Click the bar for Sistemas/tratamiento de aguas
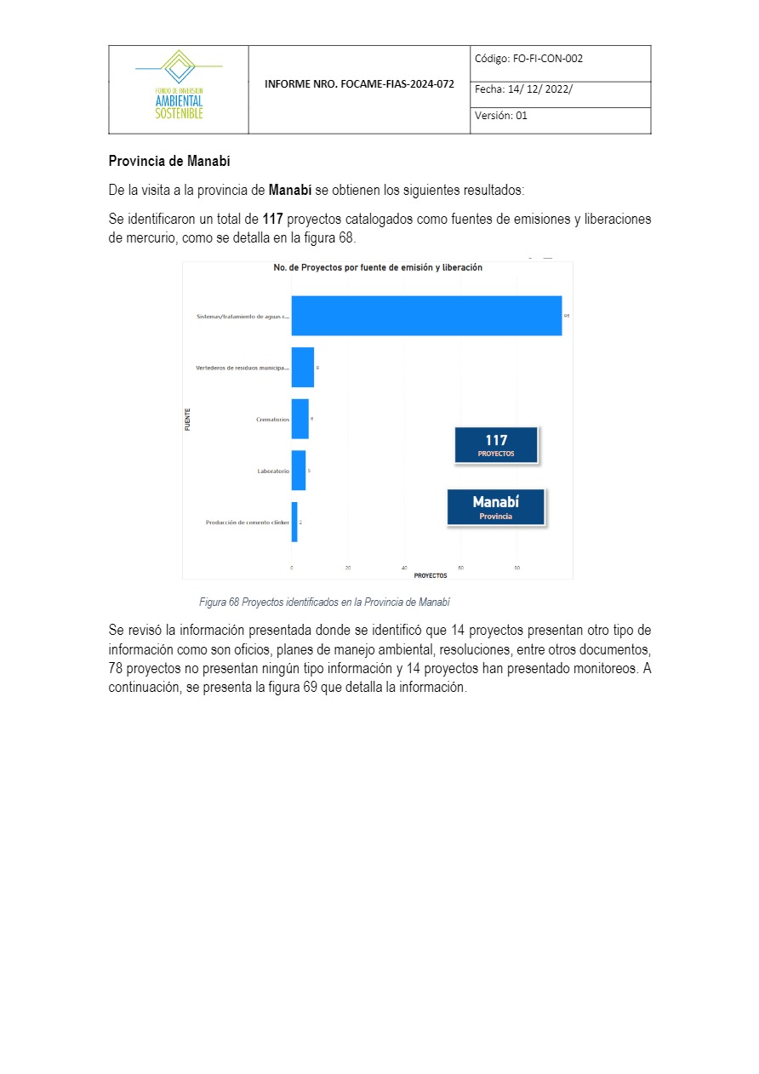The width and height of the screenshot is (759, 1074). pos(425,316)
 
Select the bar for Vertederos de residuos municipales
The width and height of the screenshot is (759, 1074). pos(302,368)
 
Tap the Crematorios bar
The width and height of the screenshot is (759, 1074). pos(300,419)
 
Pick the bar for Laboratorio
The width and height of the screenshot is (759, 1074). pos(298,471)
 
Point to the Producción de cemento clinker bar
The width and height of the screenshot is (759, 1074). pos(294,523)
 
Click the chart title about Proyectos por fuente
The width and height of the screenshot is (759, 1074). pos(378,267)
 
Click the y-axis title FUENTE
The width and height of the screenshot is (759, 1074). pos(187,420)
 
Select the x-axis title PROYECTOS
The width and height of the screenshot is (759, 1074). pos(431,575)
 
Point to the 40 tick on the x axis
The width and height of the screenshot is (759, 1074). pos(404,567)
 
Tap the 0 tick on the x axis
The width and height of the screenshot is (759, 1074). pos(292,567)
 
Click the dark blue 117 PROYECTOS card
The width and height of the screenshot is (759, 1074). pos(496,445)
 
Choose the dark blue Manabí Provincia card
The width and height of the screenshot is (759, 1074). pos(495,506)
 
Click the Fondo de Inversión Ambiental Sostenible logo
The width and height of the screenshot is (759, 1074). pos(179,88)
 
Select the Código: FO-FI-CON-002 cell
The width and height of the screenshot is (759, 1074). pos(560,60)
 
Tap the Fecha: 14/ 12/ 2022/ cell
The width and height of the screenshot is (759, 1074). pos(560,89)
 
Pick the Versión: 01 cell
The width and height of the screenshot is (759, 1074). pos(560,117)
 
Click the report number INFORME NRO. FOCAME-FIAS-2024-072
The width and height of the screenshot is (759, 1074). pos(359,84)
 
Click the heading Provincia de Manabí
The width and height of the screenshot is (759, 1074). pos(169,161)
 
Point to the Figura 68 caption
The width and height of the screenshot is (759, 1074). pos(324,603)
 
